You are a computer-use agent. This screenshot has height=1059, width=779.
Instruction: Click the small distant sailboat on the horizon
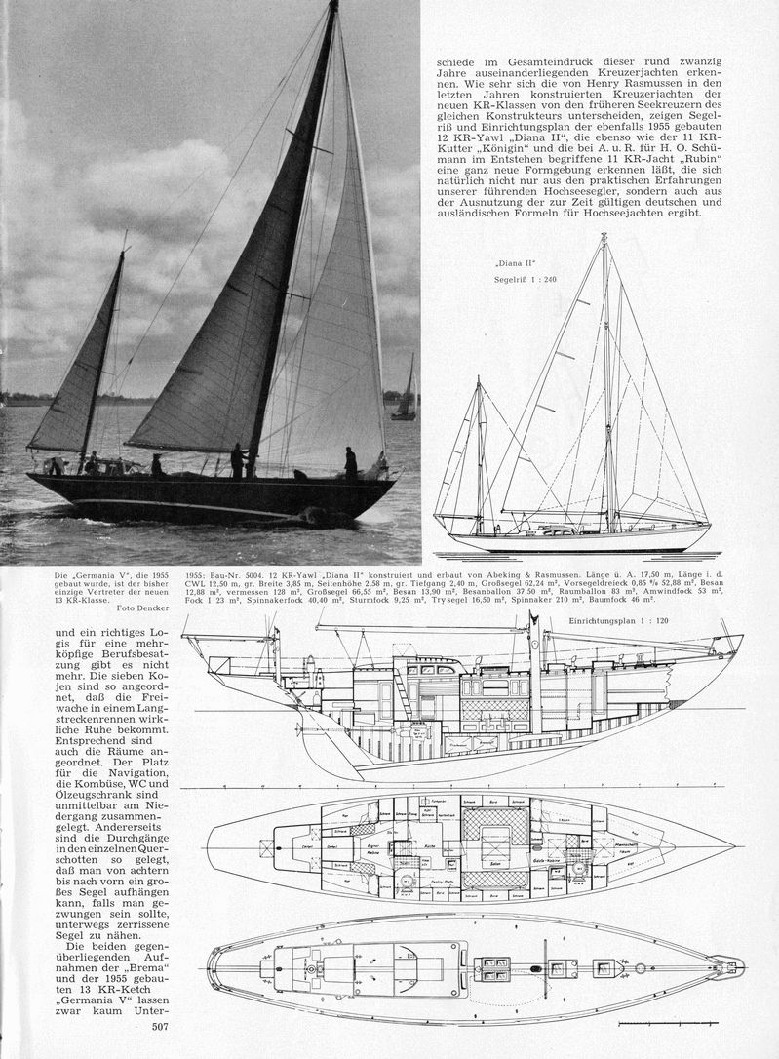(405, 390)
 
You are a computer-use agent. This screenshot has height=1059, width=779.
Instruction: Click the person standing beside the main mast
(238, 460)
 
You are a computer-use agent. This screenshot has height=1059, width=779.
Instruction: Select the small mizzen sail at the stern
(78, 361)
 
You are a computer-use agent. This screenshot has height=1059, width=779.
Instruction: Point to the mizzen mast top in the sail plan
(479, 379)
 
